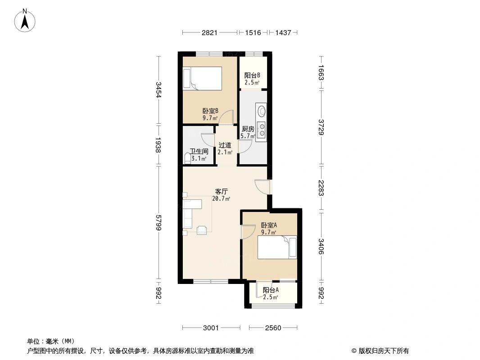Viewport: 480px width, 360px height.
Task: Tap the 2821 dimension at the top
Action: point(209,32)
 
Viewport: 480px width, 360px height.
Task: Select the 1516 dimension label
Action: point(253,32)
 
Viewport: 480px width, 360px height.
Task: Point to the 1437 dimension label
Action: point(283,32)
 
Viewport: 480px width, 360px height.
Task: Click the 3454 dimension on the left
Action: point(158,90)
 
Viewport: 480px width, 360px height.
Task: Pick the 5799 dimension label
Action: point(158,223)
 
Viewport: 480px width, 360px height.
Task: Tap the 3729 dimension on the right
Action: point(321,127)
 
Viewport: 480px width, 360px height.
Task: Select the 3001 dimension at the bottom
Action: point(211,328)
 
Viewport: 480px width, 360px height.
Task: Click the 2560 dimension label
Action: point(273,328)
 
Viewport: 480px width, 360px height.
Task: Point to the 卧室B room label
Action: point(210,111)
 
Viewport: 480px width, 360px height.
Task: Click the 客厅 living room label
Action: point(222,192)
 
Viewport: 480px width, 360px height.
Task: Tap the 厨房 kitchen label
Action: point(248,129)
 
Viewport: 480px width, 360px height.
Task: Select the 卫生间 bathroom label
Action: point(199,151)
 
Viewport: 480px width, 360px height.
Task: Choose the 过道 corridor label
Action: point(225,145)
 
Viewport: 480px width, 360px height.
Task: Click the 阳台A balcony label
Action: point(271,290)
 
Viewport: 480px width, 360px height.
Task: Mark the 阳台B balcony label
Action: point(252,75)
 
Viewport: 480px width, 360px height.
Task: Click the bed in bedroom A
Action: point(277,247)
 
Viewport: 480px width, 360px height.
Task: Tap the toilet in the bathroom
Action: point(188,159)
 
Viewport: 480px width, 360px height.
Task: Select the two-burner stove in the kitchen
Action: point(262,130)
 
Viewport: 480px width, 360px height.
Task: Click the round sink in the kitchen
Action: point(262,111)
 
